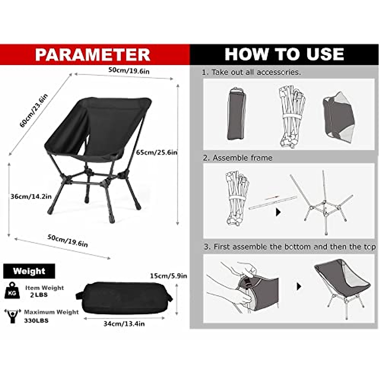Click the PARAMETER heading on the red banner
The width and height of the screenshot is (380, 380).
point(92,54)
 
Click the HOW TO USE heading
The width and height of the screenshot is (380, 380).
point(284,54)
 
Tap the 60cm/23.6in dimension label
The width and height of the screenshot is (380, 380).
point(34,111)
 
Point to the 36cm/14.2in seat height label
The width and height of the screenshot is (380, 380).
point(31,196)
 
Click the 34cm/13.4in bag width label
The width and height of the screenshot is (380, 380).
point(124,324)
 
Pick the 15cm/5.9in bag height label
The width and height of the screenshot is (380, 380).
point(168,276)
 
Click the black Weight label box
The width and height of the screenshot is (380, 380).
point(29,271)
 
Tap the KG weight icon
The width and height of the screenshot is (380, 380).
point(12,291)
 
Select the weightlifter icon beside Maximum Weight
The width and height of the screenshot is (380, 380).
point(13,316)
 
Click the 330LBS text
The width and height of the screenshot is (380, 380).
point(36,320)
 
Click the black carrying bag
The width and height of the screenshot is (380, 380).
point(124,298)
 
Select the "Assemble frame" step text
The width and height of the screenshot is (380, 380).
point(242,158)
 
